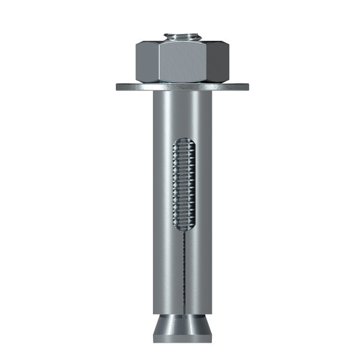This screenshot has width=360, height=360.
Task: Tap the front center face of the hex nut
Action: coord(182,62)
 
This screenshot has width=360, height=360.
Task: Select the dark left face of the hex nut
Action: coord(147,62)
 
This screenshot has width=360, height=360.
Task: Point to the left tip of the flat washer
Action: coord(118,86)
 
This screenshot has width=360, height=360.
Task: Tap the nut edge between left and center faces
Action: coord(160,62)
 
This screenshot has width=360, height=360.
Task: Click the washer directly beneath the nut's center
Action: coord(182,86)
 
